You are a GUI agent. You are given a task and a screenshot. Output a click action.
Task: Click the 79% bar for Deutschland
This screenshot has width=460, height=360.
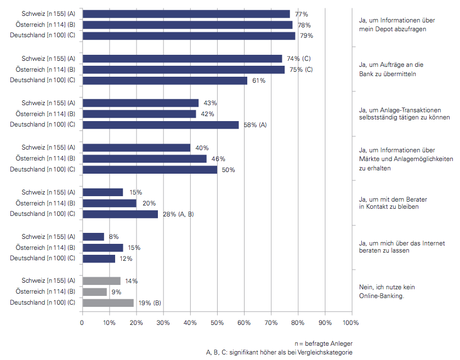pos(189,36)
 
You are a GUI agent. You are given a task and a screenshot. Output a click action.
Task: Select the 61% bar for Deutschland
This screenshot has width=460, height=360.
pos(164,81)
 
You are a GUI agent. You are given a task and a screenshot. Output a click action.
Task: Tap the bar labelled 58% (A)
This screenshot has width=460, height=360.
pos(160,125)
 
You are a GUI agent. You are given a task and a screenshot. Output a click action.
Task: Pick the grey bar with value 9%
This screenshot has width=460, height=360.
pos(94,292)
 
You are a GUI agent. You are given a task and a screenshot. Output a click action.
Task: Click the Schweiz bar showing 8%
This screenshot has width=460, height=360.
pos(93,236)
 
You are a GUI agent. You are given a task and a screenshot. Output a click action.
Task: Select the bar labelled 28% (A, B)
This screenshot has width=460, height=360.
pos(120,214)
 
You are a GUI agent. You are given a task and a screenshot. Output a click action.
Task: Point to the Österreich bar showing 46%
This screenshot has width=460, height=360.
pos(144,158)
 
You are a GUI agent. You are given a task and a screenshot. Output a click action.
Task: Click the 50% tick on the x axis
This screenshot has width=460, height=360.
pos(217,323)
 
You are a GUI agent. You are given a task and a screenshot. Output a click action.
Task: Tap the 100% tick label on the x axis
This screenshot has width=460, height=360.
pos(350,323)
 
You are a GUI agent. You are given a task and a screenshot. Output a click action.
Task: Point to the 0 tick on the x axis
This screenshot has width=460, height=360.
pos(82,323)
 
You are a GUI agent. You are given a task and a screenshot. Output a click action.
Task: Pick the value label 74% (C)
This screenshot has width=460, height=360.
pos(299,59)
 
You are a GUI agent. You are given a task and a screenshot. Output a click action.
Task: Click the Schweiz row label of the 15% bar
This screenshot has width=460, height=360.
pos(48,192)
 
